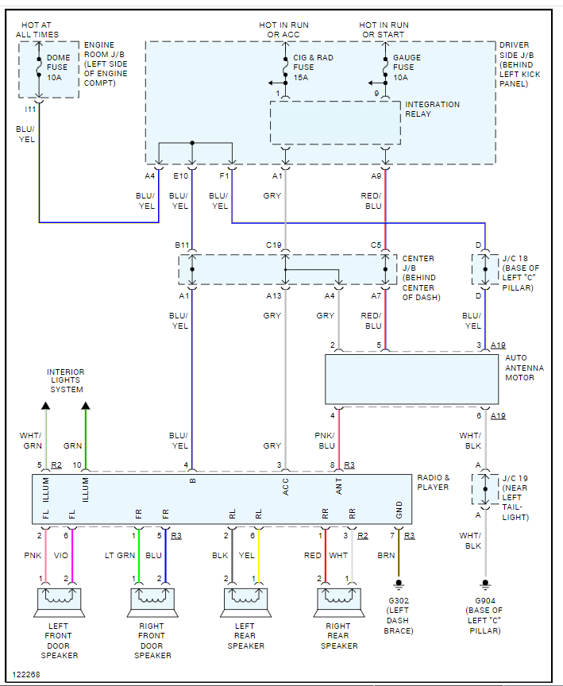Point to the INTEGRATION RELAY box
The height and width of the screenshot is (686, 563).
point(335,123)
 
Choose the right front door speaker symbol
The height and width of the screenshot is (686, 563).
point(152,602)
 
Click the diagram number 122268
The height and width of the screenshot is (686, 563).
point(27,674)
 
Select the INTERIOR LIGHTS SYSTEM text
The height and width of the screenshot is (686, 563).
point(65,380)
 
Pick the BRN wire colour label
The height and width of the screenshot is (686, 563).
point(386,555)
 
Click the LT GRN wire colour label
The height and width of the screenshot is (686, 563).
point(120,555)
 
